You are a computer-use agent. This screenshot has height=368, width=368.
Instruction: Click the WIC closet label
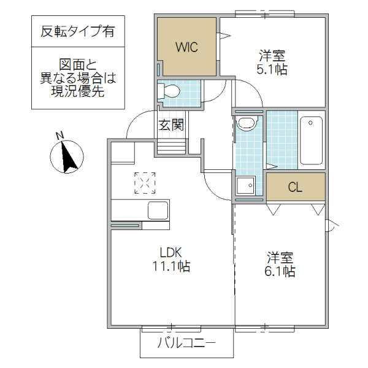pos(186,48)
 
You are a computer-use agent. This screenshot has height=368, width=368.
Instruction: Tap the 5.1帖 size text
pos(270,69)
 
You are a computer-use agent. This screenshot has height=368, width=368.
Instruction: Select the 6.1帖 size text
pos(280,270)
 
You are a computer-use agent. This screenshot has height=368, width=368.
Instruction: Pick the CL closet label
pos(295,188)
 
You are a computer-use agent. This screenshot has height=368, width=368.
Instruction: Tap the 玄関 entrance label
pos(171,126)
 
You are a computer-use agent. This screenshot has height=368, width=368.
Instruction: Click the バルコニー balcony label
pos(186,343)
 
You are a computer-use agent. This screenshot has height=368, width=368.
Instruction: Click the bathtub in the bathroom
pos(311,140)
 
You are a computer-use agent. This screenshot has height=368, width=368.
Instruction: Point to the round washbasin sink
pos(247,123)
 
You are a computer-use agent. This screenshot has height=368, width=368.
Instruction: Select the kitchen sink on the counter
pos(158,210)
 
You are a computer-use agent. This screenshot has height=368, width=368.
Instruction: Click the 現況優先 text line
pos(77,93)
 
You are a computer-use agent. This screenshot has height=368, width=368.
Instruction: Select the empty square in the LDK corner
pos(123,153)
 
